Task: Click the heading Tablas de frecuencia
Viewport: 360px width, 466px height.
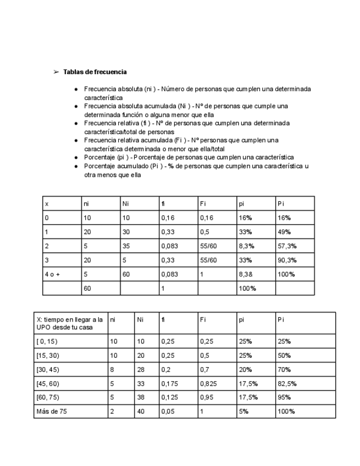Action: point(95,72)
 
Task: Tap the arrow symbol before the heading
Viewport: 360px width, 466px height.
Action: point(56,72)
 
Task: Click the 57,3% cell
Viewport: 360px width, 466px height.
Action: point(286,245)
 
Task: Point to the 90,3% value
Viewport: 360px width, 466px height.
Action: point(286,259)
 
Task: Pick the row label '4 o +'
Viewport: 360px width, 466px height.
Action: point(53,274)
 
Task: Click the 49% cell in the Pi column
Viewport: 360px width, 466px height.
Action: point(284,231)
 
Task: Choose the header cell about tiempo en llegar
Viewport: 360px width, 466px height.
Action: point(69,323)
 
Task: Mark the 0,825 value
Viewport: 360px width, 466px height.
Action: point(208,383)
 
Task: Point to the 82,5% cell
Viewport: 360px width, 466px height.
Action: point(286,383)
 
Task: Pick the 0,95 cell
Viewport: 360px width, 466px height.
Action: point(206,397)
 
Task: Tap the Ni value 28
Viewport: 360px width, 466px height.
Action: point(141,369)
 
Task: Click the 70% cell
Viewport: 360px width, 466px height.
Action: point(284,369)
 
